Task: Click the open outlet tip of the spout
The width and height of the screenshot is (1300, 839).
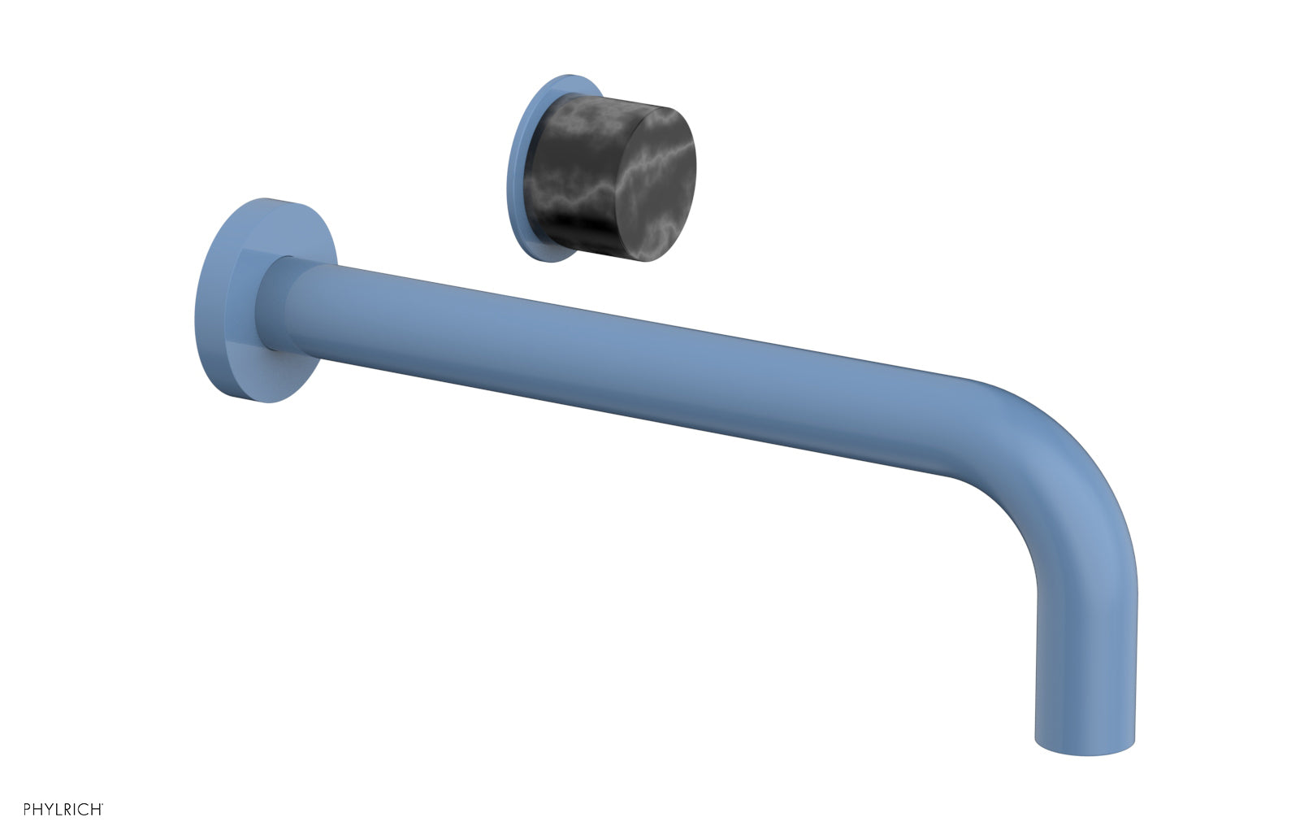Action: click(1085, 748)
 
